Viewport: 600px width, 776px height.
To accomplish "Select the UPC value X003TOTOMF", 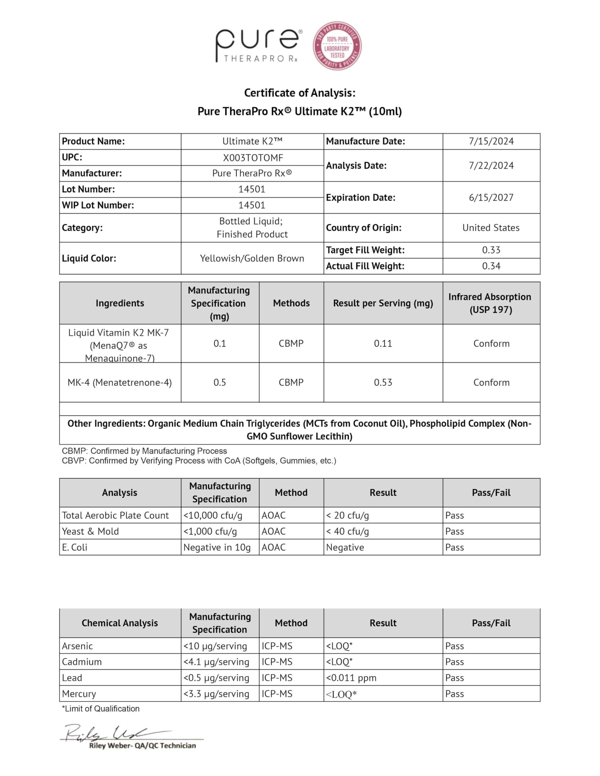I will click(x=252, y=158).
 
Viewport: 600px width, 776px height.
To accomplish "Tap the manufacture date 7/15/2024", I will click(x=491, y=142).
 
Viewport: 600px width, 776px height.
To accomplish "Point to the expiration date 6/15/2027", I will click(x=491, y=198).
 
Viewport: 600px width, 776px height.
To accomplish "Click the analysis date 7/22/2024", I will click(x=491, y=166).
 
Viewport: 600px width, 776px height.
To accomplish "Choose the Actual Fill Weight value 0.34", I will click(x=491, y=266).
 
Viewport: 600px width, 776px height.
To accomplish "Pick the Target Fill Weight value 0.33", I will click(x=491, y=250).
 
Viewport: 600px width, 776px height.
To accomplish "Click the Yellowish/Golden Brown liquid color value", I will click(x=252, y=258).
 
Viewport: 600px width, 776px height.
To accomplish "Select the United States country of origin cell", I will click(x=491, y=228).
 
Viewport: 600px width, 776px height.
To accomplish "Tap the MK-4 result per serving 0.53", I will click(x=383, y=383).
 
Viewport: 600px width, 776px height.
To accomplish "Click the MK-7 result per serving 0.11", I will click(x=383, y=343).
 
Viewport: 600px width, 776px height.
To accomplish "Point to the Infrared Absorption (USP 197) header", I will click(x=491, y=303).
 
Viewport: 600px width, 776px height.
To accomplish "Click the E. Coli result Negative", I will click(x=345, y=547).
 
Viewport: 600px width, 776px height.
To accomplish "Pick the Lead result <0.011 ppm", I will click(x=351, y=678).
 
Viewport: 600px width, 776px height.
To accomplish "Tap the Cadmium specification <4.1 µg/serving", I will click(x=216, y=662).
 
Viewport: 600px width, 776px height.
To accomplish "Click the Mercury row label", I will click(x=79, y=694).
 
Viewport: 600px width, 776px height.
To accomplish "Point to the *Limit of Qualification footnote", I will click(x=101, y=709).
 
